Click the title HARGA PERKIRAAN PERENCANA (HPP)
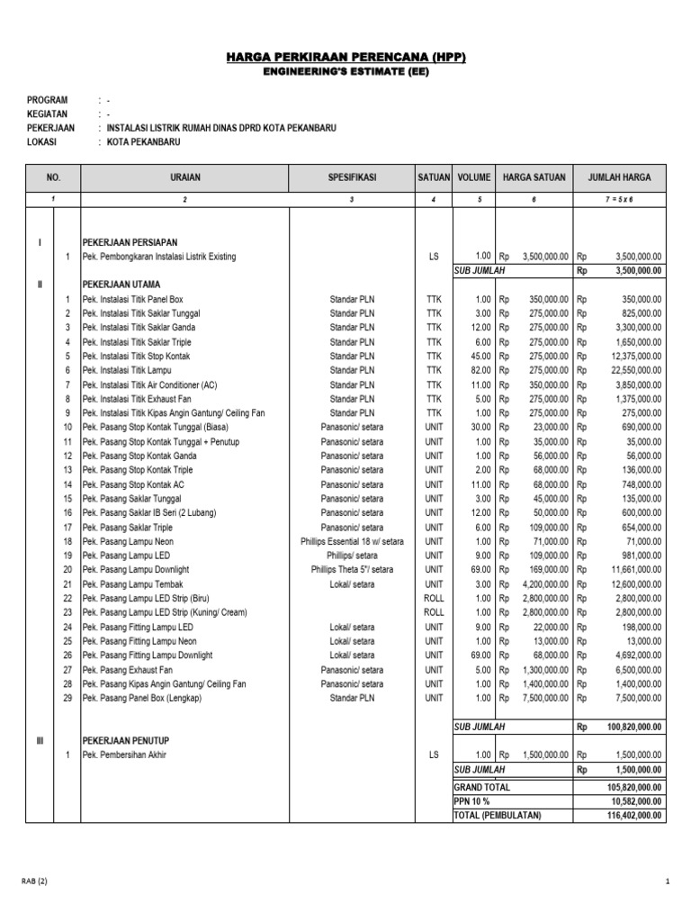[346, 58]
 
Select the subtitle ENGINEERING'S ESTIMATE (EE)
[346, 72]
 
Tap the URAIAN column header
[184, 177]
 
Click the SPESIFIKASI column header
[352, 177]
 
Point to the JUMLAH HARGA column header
[619, 177]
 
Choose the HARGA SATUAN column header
[534, 177]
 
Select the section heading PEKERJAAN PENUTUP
[126, 740]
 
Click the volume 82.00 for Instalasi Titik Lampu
[478, 370]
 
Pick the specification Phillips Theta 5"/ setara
[352, 570]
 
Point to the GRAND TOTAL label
[482, 787]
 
